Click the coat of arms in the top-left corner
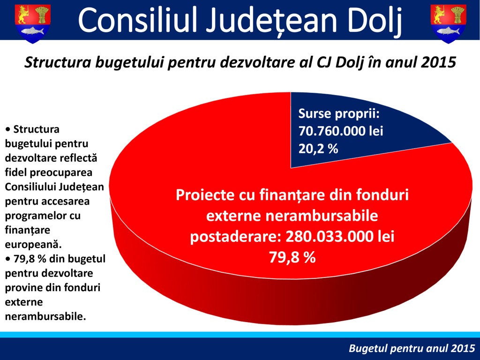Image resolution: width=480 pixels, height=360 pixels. [x=33, y=23]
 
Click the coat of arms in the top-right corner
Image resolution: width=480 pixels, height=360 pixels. [x=448, y=23]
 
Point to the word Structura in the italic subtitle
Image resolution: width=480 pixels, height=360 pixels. [x=58, y=62]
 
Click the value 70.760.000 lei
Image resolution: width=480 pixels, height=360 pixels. [x=341, y=131]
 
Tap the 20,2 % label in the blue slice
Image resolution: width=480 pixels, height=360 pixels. [x=318, y=149]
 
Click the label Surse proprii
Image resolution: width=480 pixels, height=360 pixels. [x=339, y=114]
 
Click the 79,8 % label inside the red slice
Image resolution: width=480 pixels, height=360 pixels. [x=292, y=257]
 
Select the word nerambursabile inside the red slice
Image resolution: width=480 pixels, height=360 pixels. [x=322, y=216]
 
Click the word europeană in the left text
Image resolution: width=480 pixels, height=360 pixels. [x=33, y=245]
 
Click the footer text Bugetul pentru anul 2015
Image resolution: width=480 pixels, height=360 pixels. [x=412, y=348]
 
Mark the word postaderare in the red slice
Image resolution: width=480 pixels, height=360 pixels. [x=236, y=237]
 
